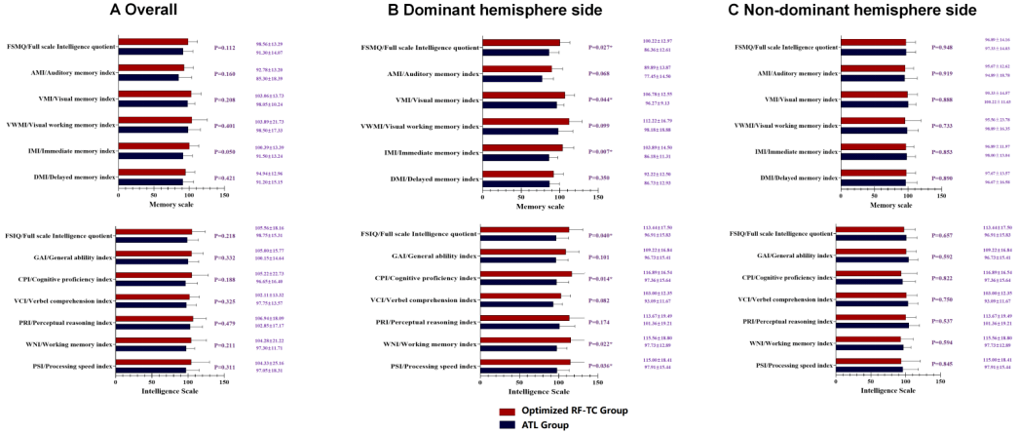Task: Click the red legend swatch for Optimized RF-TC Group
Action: point(506,413)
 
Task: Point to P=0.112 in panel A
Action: point(224,47)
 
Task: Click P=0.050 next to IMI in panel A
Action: point(224,152)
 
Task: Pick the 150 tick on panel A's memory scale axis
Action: point(224,194)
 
